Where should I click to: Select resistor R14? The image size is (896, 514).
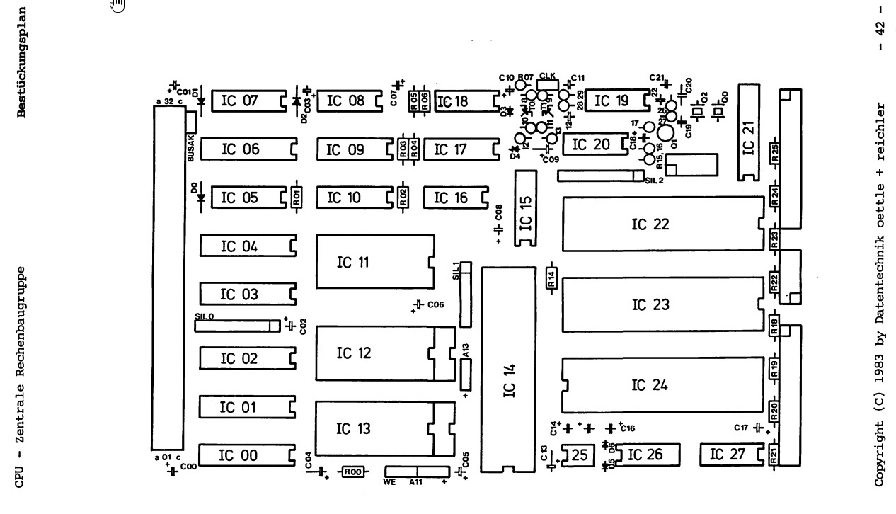[551, 280]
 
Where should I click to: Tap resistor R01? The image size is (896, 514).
[297, 198]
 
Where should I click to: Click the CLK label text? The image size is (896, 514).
[548, 75]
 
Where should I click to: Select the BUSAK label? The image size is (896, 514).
[190, 152]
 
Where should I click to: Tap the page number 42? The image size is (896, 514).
[881, 30]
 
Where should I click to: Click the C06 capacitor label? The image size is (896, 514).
[435, 304]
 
